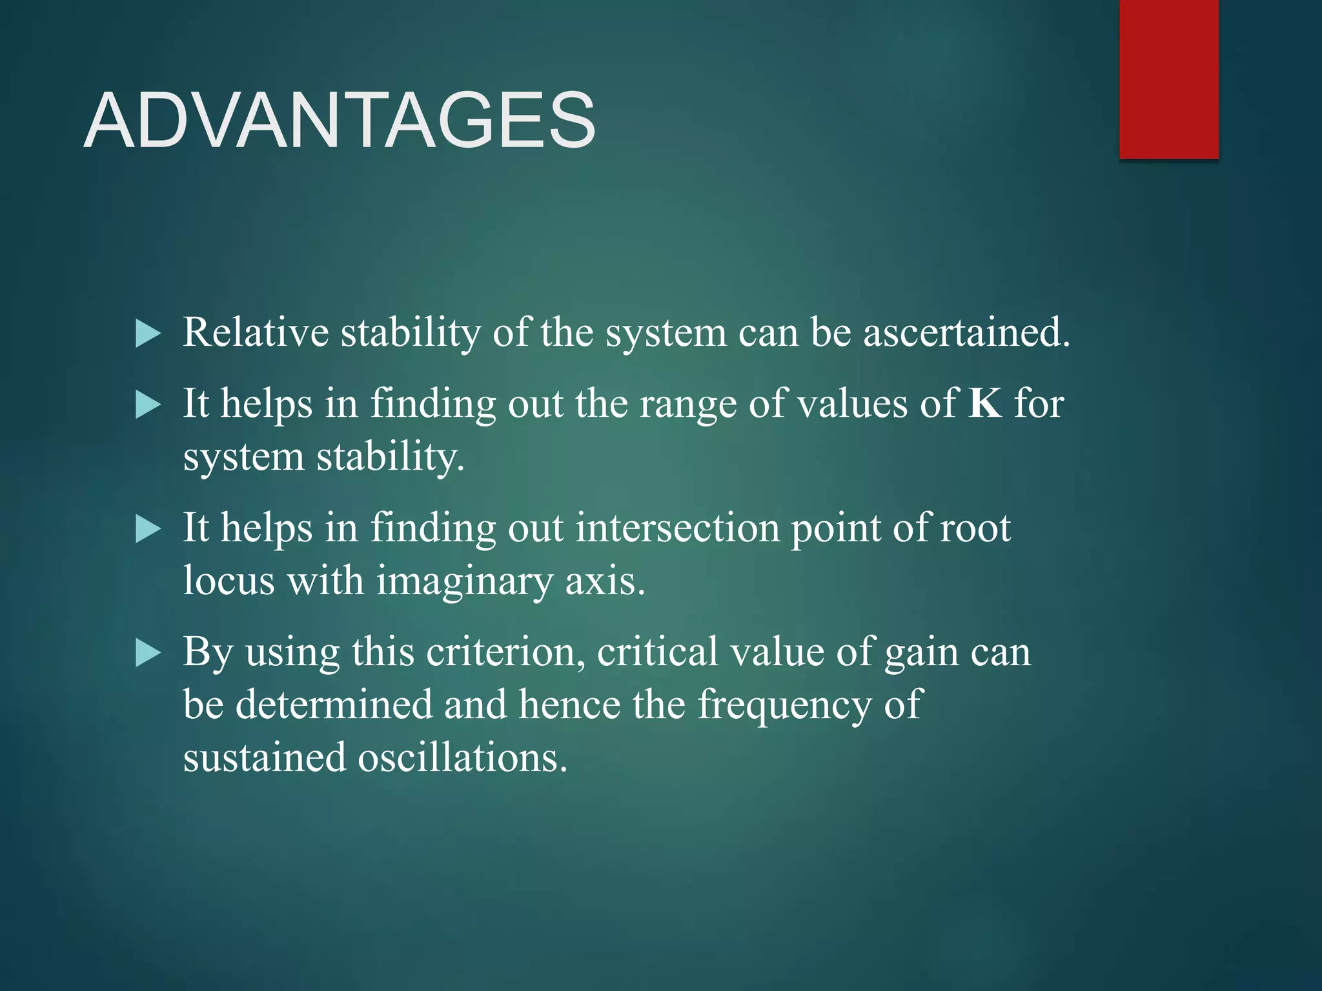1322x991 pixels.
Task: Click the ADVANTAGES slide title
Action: click(340, 121)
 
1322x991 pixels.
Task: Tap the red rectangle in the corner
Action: click(1168, 79)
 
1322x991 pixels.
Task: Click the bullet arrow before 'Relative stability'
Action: click(148, 334)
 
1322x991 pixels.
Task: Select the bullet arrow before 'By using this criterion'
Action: click(148, 654)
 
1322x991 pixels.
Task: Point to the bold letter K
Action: click(985, 403)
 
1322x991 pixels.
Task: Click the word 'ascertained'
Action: click(962, 332)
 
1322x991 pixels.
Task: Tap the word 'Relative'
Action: click(256, 332)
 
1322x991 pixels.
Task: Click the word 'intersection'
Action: click(677, 528)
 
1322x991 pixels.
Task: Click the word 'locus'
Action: click(229, 581)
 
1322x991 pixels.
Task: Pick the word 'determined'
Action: click(334, 704)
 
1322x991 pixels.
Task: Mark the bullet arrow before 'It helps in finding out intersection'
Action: click(148, 530)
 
